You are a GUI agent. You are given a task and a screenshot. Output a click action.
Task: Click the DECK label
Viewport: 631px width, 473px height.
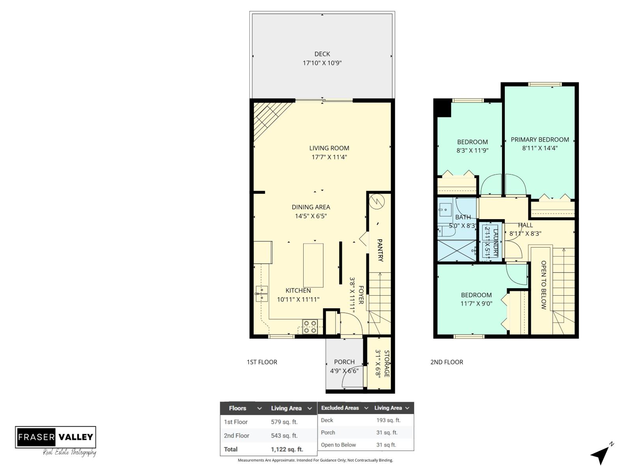pyautogui.click(x=322, y=54)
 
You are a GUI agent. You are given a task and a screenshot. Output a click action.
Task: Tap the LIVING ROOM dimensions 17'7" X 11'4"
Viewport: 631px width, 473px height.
pyautogui.click(x=329, y=157)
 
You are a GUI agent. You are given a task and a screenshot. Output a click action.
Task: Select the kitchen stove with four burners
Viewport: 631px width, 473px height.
pyautogui.click(x=310, y=327)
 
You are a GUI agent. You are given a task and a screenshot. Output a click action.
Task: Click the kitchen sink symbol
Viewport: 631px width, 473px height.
pyautogui.click(x=261, y=293)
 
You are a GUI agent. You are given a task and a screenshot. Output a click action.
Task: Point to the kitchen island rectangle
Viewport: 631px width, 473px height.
pyautogui.click(x=313, y=265)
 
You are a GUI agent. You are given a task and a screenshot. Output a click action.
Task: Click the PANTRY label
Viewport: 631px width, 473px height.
pyautogui.click(x=380, y=250)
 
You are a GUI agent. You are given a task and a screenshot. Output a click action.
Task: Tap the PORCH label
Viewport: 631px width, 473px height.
pyautogui.click(x=344, y=362)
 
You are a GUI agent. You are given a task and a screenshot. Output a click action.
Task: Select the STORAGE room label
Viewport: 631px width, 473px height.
pyautogui.click(x=386, y=363)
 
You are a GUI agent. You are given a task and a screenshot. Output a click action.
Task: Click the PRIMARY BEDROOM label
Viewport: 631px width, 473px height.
pyautogui.click(x=540, y=140)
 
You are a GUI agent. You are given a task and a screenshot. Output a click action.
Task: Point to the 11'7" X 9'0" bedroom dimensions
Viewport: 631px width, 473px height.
pyautogui.click(x=476, y=304)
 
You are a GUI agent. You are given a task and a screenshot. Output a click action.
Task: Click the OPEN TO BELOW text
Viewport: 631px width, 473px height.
pyautogui.click(x=543, y=285)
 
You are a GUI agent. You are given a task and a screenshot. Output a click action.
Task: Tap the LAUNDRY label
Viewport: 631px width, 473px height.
pyautogui.click(x=495, y=243)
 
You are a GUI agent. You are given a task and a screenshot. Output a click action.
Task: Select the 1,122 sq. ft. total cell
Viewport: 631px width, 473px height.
pyautogui.click(x=287, y=449)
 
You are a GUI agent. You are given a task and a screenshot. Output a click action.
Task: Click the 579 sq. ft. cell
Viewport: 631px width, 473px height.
pyautogui.click(x=284, y=422)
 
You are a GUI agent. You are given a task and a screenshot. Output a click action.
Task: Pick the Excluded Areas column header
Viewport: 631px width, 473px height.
pyautogui.click(x=340, y=408)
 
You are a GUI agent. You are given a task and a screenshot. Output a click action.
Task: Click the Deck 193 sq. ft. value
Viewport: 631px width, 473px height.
pyautogui.click(x=388, y=420)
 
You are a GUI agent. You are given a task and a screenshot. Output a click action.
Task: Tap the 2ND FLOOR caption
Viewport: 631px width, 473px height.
pyautogui.click(x=446, y=362)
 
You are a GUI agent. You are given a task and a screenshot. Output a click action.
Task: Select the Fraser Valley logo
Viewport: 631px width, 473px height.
pyautogui.click(x=56, y=438)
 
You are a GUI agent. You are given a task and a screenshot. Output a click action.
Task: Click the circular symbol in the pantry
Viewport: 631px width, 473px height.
pyautogui.click(x=377, y=202)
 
